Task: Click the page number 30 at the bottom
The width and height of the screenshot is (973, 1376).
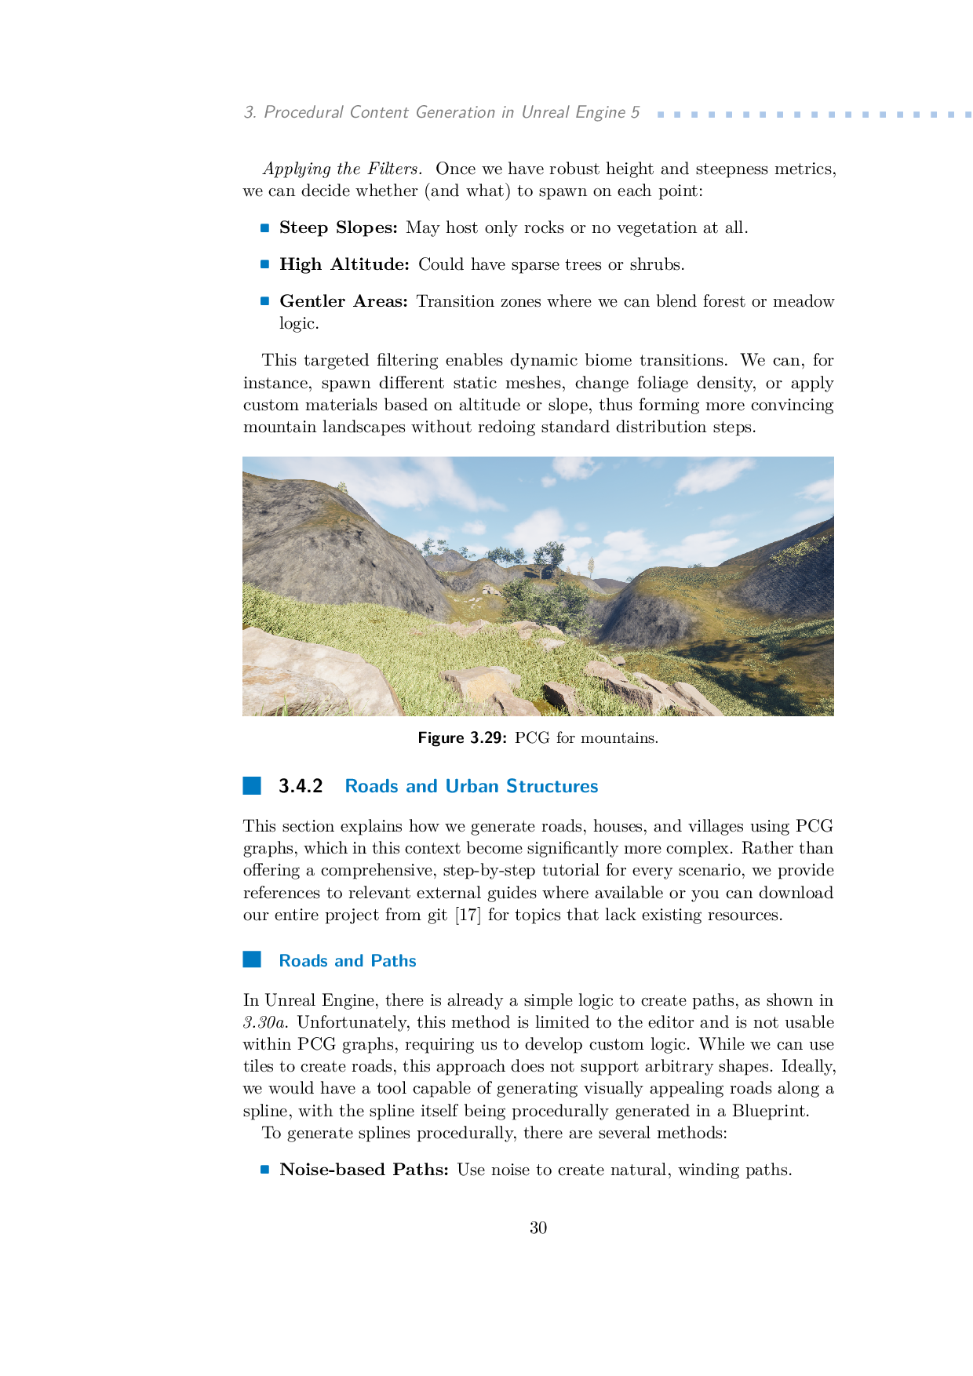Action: (x=538, y=1228)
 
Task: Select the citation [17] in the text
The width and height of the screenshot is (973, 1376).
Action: (x=468, y=915)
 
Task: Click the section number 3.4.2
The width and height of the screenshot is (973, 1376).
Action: (x=301, y=786)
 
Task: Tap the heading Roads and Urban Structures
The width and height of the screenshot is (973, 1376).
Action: (x=471, y=786)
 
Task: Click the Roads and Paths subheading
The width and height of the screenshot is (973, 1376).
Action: (x=347, y=960)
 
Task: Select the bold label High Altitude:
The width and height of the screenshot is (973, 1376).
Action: (x=344, y=264)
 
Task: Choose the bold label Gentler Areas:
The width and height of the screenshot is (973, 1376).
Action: (x=343, y=301)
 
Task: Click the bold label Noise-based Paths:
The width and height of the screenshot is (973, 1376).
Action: (x=364, y=1170)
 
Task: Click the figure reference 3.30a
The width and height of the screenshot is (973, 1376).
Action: (x=266, y=1023)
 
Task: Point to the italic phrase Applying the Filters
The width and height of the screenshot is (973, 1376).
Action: (x=343, y=169)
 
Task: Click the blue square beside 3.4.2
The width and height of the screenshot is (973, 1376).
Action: (x=252, y=786)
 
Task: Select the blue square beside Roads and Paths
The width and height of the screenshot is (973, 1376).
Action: (x=252, y=959)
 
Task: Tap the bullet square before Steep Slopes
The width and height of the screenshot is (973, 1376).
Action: (x=265, y=228)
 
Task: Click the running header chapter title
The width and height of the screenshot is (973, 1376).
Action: (x=442, y=112)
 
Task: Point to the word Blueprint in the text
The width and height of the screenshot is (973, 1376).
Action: (x=768, y=1111)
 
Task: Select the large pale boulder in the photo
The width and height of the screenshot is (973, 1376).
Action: (x=314, y=672)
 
